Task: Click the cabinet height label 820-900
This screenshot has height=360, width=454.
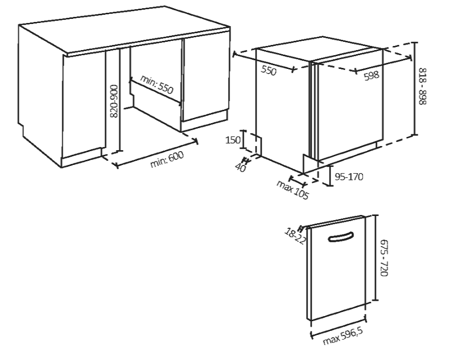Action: click(114, 101)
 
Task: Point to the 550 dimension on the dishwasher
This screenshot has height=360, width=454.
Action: click(268, 70)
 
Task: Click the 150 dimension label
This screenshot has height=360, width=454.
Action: click(233, 140)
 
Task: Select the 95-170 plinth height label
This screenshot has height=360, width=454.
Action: click(349, 177)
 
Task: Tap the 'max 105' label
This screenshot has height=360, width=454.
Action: click(293, 188)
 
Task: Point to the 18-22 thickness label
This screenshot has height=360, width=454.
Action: click(294, 236)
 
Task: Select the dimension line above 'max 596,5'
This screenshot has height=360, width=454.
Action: click(338, 327)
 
